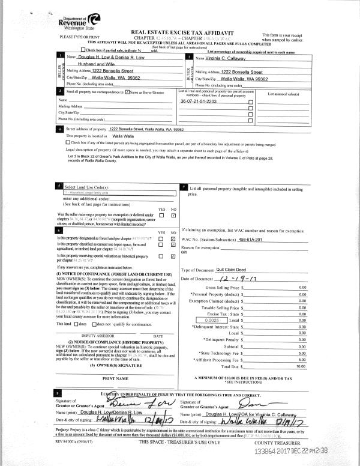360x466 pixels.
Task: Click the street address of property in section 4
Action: point(146,129)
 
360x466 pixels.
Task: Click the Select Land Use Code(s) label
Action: point(89,186)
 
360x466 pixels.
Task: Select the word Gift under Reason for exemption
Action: point(185,253)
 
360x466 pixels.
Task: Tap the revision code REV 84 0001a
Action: point(72,441)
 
